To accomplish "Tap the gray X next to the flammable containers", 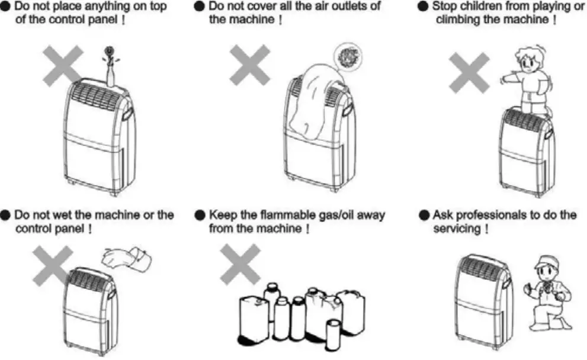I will (240, 263).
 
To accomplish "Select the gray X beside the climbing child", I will (469, 72).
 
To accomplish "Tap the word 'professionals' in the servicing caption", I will (501, 214).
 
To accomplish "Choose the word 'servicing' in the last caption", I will (458, 228).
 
